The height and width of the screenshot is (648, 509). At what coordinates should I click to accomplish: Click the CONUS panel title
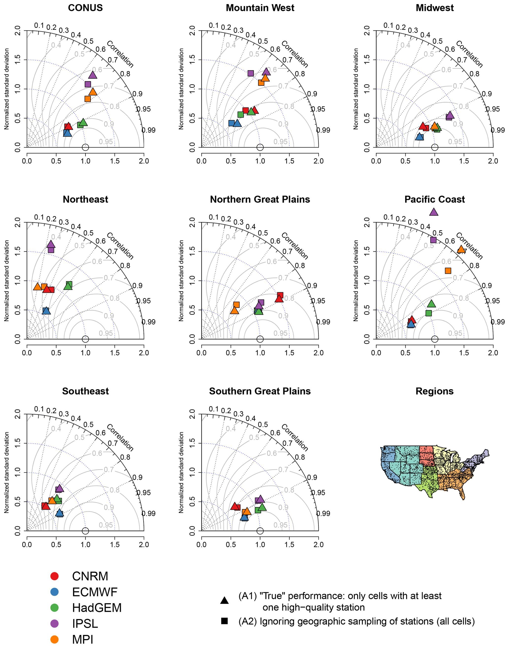click(85, 8)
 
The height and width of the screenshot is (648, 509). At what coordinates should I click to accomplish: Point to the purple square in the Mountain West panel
click(251, 73)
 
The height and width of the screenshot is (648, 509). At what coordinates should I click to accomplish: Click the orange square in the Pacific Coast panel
click(448, 271)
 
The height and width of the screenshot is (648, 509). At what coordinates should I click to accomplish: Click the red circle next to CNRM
click(54, 576)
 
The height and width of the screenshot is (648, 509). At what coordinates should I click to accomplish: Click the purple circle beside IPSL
click(54, 624)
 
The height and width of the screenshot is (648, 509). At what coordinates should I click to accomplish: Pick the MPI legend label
click(82, 639)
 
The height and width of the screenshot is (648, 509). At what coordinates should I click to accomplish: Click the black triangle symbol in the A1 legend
click(224, 600)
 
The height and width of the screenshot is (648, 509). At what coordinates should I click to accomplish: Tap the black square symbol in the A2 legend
click(224, 621)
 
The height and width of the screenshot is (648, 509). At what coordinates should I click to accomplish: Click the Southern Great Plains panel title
click(260, 391)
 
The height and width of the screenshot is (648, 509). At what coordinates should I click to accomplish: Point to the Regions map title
click(434, 391)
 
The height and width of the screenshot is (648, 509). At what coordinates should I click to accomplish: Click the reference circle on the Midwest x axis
click(435, 147)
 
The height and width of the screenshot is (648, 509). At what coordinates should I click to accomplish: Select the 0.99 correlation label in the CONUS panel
click(148, 130)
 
